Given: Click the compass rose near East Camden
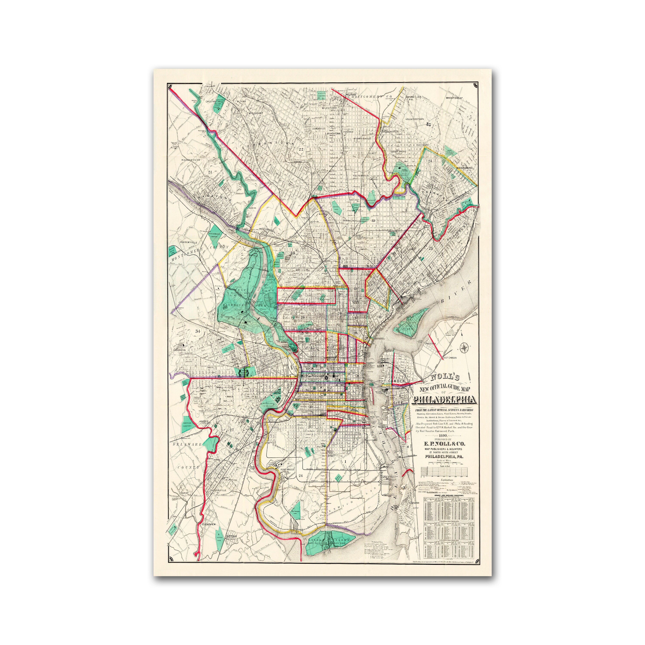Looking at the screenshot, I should (x=464, y=348).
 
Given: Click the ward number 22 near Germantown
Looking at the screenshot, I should (x=301, y=149).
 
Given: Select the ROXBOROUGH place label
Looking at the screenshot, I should (x=191, y=160).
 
